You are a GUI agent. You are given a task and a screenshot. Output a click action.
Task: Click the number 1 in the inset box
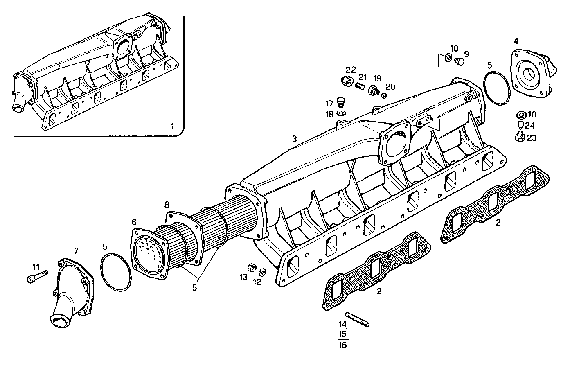172,126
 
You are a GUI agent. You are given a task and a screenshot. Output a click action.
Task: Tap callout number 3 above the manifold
294,139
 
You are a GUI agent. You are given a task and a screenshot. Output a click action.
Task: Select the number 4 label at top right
516,41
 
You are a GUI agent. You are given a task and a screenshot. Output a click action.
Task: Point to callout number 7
76,251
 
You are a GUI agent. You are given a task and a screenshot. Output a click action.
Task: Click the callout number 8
167,204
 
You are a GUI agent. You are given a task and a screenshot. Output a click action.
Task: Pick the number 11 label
36,266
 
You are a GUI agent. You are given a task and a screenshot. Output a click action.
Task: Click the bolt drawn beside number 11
37,277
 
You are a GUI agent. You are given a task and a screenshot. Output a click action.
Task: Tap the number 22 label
350,70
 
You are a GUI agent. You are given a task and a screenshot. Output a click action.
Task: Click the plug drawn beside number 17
340,101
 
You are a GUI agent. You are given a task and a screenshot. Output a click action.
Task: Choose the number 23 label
531,138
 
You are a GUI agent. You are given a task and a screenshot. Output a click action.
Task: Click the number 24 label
529,126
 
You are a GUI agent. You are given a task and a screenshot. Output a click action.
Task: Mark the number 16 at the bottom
342,345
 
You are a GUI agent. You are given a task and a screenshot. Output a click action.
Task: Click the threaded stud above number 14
358,319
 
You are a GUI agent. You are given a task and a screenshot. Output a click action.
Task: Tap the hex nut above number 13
253,268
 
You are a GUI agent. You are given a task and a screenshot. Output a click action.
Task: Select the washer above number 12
262,272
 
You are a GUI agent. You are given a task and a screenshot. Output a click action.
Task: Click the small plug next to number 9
459,61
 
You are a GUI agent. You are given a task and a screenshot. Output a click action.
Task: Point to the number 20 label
390,86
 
